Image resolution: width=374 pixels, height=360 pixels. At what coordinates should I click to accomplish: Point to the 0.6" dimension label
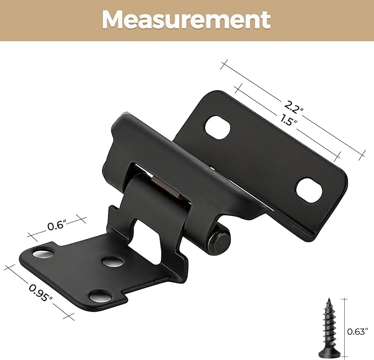click(57, 225)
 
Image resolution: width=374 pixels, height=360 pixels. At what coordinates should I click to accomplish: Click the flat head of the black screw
click(329, 348)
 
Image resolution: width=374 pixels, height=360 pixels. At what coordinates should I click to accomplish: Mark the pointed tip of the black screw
click(329, 300)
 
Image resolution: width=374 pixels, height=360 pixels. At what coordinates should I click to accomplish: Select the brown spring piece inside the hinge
click(165, 188)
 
